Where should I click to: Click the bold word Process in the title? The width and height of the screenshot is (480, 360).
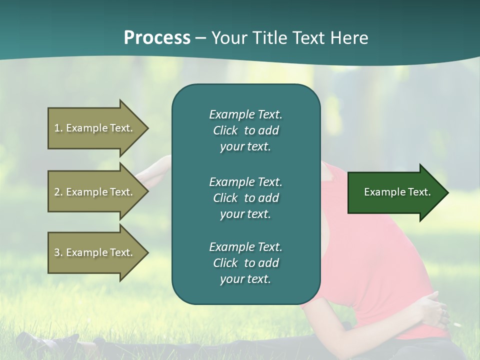click(x=157, y=38)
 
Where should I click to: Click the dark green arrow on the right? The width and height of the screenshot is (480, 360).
click(x=395, y=192)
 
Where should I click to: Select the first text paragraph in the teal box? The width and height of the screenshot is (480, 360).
click(x=245, y=130)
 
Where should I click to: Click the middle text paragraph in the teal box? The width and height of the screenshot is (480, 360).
click(x=245, y=198)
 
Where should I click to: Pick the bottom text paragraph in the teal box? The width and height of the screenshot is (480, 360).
click(x=245, y=263)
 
